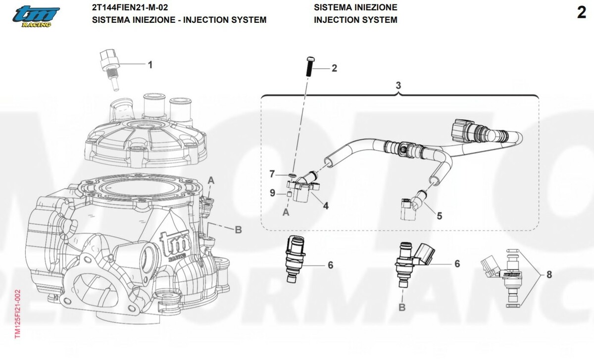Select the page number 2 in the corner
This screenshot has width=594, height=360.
click(581, 13)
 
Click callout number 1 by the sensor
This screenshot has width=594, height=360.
click(150, 64)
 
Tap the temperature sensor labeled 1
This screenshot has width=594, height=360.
click(109, 69)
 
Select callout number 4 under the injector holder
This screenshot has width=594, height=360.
click(325, 205)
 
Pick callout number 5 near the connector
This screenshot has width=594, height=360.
click(439, 215)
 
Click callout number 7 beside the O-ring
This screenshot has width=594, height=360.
click(272, 174)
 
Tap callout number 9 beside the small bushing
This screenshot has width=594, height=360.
click(272, 193)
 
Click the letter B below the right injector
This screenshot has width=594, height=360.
click(402, 308)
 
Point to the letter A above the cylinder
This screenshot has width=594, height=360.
click(211, 180)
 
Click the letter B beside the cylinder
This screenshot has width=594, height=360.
click(238, 229)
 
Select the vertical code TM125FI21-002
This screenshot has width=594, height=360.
click(17, 314)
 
